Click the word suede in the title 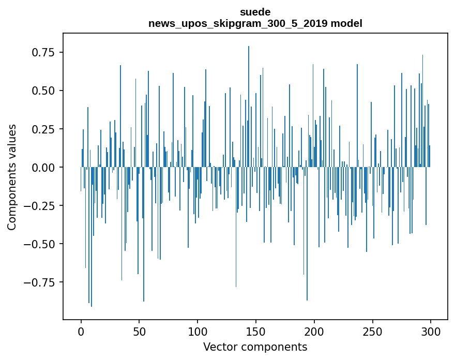click(255, 12)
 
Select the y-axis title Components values click(12, 176)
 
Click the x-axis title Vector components click(255, 347)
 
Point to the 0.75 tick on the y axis click(44, 52)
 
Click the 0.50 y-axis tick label click(44, 91)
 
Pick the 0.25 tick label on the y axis click(44, 129)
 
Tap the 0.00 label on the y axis click(44, 167)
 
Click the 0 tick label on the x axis click(81, 332)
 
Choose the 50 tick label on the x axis click(140, 332)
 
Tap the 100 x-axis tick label click(198, 332)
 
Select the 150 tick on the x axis click(256, 332)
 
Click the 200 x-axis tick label click(314, 332)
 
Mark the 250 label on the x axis click(372, 332)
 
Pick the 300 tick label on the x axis click(431, 332)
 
